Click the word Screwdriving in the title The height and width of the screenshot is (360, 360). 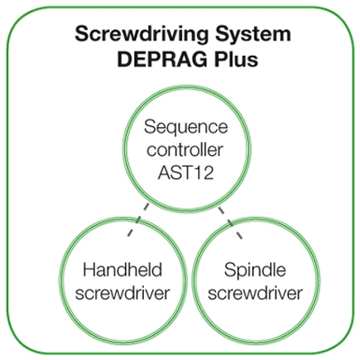pyautogui.click(x=141, y=34)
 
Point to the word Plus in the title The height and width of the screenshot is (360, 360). pyautogui.click(x=236, y=59)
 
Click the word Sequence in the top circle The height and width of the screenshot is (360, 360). pyautogui.click(x=186, y=128)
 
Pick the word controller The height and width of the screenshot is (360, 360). pyautogui.click(x=185, y=149)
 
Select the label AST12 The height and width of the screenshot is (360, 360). pyautogui.click(x=185, y=173)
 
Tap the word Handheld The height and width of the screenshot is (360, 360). pyautogui.click(x=122, y=269)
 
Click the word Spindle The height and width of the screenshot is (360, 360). pyautogui.click(x=255, y=271)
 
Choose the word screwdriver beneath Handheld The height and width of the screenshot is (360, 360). pyautogui.click(x=122, y=292)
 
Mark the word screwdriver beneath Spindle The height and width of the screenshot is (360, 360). pyautogui.click(x=255, y=292)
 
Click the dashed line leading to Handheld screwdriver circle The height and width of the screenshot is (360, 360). pyautogui.click(x=138, y=220)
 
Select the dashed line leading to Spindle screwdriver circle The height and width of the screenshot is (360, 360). pyautogui.click(x=230, y=222)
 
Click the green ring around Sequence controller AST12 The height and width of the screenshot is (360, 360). pyautogui.click(x=186, y=86)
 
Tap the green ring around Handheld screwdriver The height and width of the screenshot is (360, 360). pyautogui.click(x=122, y=219)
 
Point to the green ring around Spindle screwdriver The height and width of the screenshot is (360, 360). pyautogui.click(x=255, y=219)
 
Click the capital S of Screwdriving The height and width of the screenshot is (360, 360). pyautogui.click(x=82, y=33)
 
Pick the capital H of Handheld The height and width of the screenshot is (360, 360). pyautogui.click(x=89, y=269)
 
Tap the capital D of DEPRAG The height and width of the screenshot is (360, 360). pyautogui.click(x=124, y=59)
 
